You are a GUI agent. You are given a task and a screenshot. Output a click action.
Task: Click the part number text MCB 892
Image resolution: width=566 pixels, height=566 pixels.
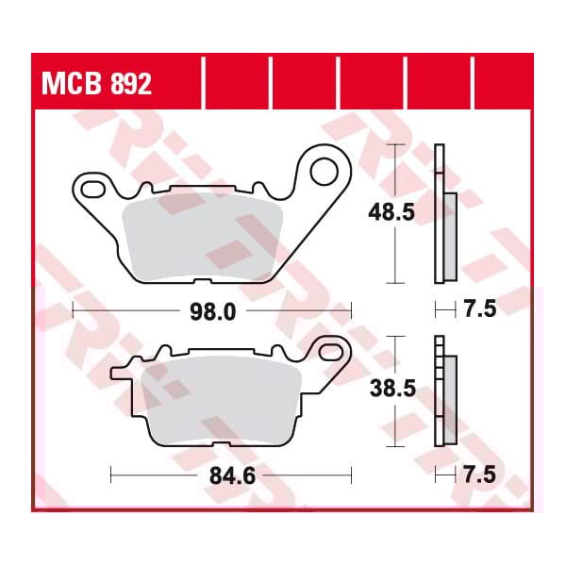(x=94, y=85)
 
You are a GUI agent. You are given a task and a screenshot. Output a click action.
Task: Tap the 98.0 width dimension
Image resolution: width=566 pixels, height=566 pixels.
(x=211, y=309)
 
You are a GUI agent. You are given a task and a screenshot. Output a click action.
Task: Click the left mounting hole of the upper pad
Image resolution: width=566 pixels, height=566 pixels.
(x=90, y=182)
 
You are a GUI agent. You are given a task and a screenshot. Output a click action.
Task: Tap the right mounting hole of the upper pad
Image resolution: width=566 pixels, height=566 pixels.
(x=324, y=171)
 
